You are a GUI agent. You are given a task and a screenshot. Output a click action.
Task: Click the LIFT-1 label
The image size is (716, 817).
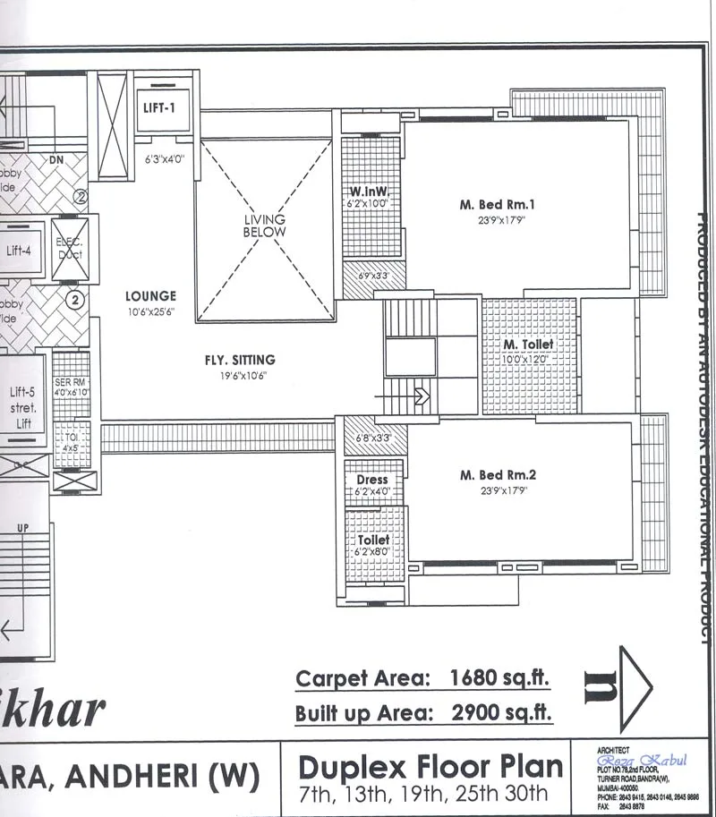[x=161, y=107]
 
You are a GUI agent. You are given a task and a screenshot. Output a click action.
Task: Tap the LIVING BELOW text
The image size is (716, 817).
[x=265, y=226]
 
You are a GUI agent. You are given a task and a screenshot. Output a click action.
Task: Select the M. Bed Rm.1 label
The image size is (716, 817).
[x=497, y=205]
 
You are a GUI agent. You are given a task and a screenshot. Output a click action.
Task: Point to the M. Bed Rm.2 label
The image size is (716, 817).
[x=497, y=475]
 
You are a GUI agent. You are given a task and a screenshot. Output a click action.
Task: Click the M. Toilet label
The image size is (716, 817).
[x=528, y=345]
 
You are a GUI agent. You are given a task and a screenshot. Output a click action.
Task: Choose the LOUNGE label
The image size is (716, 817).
[x=150, y=296]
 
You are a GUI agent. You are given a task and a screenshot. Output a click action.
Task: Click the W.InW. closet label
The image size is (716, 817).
[x=367, y=192]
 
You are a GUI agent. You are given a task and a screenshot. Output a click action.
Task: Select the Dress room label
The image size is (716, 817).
[x=372, y=480]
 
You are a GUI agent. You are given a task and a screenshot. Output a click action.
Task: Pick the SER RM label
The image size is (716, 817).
[x=71, y=383]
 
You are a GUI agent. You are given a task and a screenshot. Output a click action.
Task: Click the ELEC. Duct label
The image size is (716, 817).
[x=71, y=248]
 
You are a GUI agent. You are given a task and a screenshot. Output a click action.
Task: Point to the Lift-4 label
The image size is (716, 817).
[x=19, y=251]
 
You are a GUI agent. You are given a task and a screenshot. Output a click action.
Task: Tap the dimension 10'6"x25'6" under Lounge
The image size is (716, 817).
[x=150, y=312]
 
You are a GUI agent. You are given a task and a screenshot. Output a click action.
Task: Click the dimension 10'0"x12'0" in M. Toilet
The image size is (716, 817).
[x=528, y=359]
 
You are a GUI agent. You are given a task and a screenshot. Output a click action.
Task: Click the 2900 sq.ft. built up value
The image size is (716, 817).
[x=493, y=713]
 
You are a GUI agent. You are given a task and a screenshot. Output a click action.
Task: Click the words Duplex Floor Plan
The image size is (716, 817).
[x=430, y=767]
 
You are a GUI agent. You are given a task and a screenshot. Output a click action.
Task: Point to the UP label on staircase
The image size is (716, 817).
[x=23, y=528]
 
